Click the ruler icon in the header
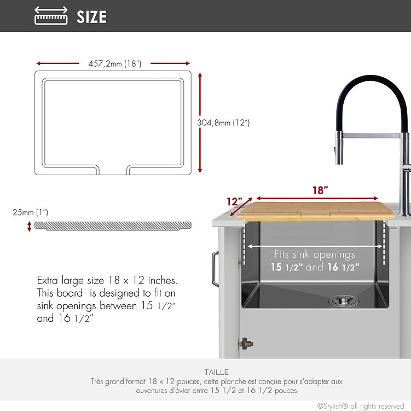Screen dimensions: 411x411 pos(51,16)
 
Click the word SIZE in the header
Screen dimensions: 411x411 pos(91,17)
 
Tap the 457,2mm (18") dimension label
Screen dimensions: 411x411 pos(114,63)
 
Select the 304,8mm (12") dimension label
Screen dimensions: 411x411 pos(223,123)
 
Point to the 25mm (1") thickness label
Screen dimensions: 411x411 pos(31,212)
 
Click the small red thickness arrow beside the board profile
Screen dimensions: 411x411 pos(30,227)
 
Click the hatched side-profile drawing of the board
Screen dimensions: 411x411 pos(113,226)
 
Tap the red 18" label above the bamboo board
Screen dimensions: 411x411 pos(320,190)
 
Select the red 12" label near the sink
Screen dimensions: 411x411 pos(234,201)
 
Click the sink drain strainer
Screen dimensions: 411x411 pos(344,300)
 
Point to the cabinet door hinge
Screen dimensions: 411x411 pos(245,344)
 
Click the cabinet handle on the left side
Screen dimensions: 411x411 pos(215,269)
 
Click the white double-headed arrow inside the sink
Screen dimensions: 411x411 pos(315,246)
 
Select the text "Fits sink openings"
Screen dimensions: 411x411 pos(315,254)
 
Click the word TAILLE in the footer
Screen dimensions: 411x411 pos(217,372)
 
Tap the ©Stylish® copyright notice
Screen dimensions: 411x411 pos(361,406)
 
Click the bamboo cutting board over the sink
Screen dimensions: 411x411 pos(316,211)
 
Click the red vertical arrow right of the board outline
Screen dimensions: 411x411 pos(200,123)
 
